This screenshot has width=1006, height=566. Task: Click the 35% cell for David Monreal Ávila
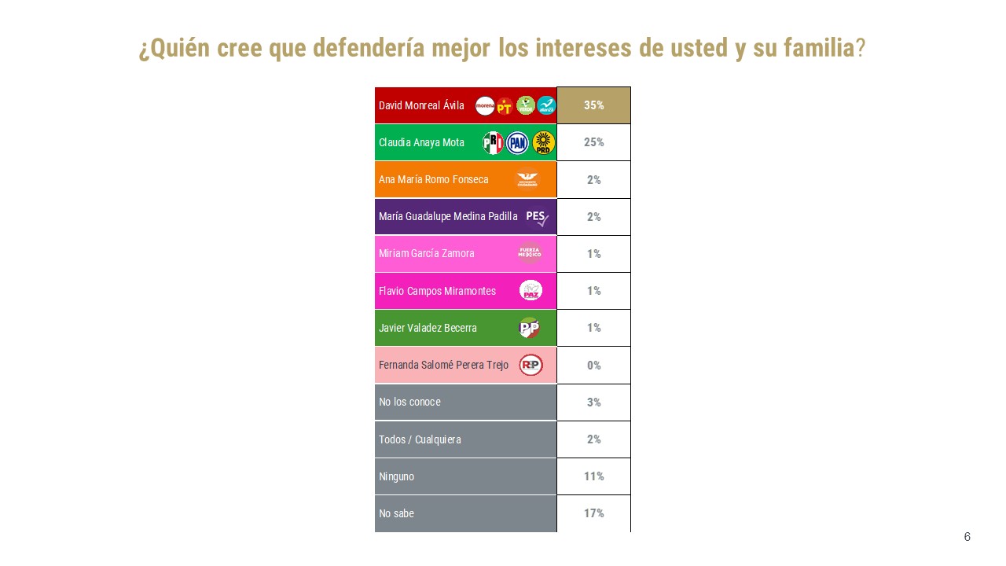click(x=593, y=105)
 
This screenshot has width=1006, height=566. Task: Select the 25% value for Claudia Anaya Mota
click(x=593, y=142)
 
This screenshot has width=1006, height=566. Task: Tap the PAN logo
click(x=517, y=142)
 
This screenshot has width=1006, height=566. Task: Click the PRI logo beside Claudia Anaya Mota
click(x=493, y=142)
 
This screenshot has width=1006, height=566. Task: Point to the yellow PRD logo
click(x=543, y=142)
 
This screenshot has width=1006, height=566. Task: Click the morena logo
click(x=485, y=105)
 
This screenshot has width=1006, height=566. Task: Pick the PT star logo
click(x=505, y=105)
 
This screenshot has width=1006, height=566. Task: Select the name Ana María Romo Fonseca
click(x=433, y=179)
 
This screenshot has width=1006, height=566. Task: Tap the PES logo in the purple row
click(x=537, y=216)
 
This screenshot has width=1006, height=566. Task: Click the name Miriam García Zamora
click(x=426, y=254)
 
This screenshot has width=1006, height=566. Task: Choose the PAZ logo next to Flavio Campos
click(x=531, y=291)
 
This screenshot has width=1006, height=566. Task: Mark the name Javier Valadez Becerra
click(x=428, y=328)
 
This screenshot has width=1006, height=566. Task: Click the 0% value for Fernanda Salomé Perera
click(x=593, y=366)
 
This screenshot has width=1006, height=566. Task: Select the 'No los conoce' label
click(x=409, y=402)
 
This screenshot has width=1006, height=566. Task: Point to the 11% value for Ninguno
click(x=593, y=476)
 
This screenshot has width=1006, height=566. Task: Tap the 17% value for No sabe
click(x=593, y=513)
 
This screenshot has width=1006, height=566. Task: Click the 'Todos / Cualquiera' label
click(x=420, y=439)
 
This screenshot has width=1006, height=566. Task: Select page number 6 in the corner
click(x=967, y=537)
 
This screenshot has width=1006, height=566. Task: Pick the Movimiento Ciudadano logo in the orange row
click(x=527, y=179)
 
